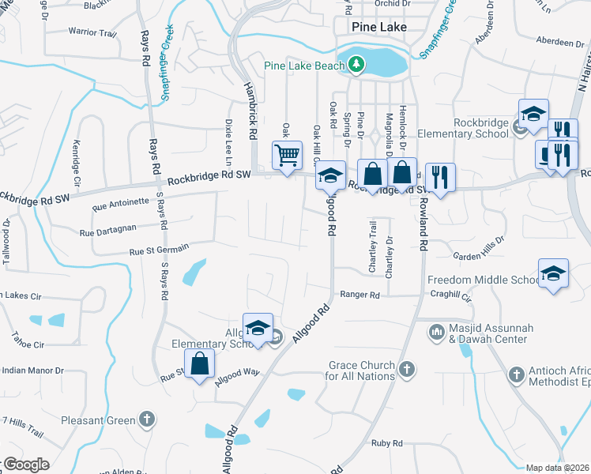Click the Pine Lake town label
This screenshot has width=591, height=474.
(379, 27)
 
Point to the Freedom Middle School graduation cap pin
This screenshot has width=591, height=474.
(553, 273)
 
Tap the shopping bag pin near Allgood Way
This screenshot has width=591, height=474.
(200, 364)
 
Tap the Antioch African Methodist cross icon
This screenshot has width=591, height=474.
(516, 374)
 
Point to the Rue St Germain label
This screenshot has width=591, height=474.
(159, 250)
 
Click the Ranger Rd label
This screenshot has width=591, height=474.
(359, 295)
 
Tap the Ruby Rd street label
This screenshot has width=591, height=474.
(387, 443)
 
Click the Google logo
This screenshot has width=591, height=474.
(25, 465)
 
